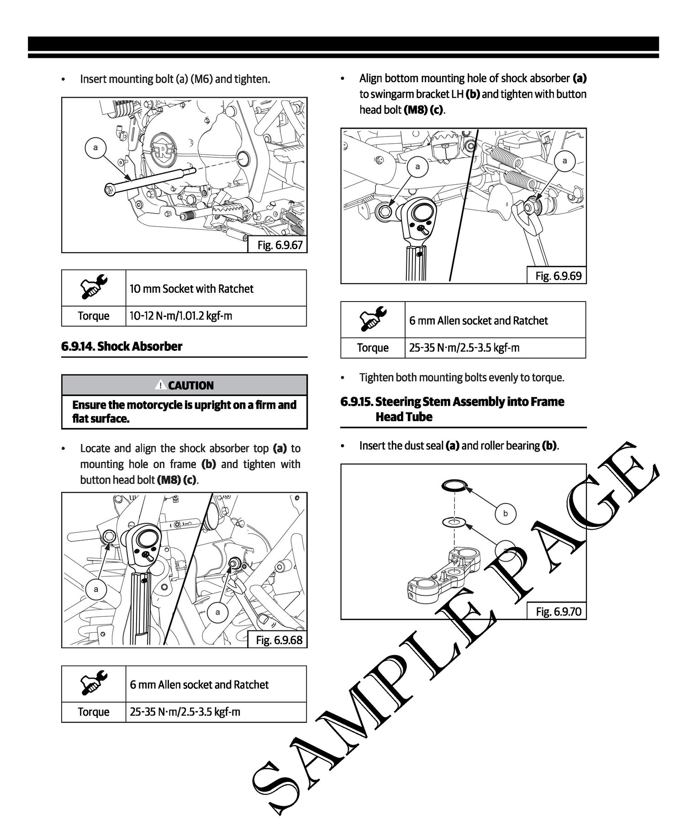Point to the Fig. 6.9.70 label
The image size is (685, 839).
coord(558,611)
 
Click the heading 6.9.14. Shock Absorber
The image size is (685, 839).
coord(121,346)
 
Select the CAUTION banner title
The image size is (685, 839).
coord(190,386)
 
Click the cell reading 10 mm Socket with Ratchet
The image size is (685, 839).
coord(192,288)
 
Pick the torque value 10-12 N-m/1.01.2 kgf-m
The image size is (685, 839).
coord(181,316)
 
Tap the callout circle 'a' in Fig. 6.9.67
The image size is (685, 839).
coord(95,147)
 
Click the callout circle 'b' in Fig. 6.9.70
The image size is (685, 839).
coord(505,513)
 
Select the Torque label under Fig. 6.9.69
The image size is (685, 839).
coord(373,348)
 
